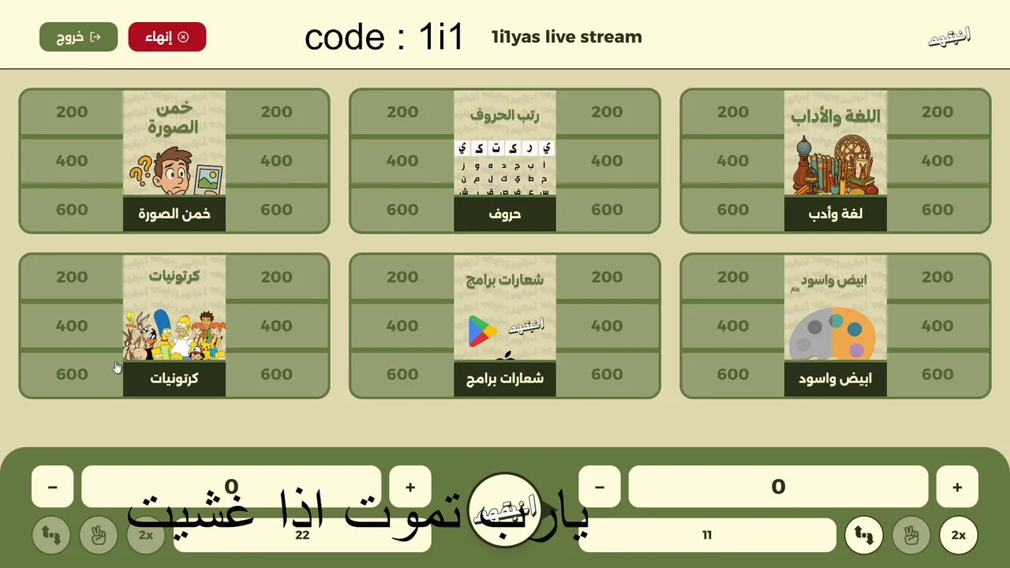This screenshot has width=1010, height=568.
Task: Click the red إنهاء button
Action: (166, 37)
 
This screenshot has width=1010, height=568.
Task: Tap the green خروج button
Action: (78, 37)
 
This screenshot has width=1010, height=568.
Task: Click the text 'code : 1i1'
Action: (384, 38)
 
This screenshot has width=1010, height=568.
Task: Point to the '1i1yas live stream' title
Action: (567, 37)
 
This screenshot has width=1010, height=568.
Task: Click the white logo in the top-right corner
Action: (948, 37)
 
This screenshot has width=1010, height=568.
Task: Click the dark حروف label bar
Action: (505, 214)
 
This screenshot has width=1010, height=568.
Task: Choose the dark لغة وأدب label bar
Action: (836, 214)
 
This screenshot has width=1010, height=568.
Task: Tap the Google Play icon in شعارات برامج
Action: (482, 331)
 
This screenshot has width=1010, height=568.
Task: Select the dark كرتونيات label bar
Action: (174, 379)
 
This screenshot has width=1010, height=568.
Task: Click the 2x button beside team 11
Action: (958, 536)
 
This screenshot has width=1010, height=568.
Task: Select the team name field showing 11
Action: (707, 536)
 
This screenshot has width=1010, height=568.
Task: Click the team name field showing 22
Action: (302, 536)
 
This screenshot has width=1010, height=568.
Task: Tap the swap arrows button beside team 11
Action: (864, 536)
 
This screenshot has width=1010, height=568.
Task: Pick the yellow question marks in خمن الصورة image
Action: (141, 170)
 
